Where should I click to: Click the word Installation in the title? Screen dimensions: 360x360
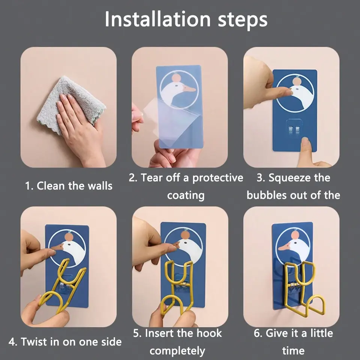[x=157, y=19]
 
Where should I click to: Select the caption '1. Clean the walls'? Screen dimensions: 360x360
[x=69, y=186]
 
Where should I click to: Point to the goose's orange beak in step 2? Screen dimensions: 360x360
[x=189, y=89]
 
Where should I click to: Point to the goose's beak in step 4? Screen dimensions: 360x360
[x=57, y=247]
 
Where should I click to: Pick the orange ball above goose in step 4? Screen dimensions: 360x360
[x=69, y=237]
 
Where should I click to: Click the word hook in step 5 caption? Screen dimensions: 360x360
[x=209, y=333]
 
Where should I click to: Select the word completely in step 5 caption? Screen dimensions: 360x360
[x=177, y=351]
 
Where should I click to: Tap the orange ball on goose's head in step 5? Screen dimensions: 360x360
[x=185, y=235]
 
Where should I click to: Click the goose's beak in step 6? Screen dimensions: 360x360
[x=285, y=247]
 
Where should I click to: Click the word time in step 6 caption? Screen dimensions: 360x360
[x=293, y=351]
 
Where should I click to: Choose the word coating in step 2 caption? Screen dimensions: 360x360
[x=186, y=196]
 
